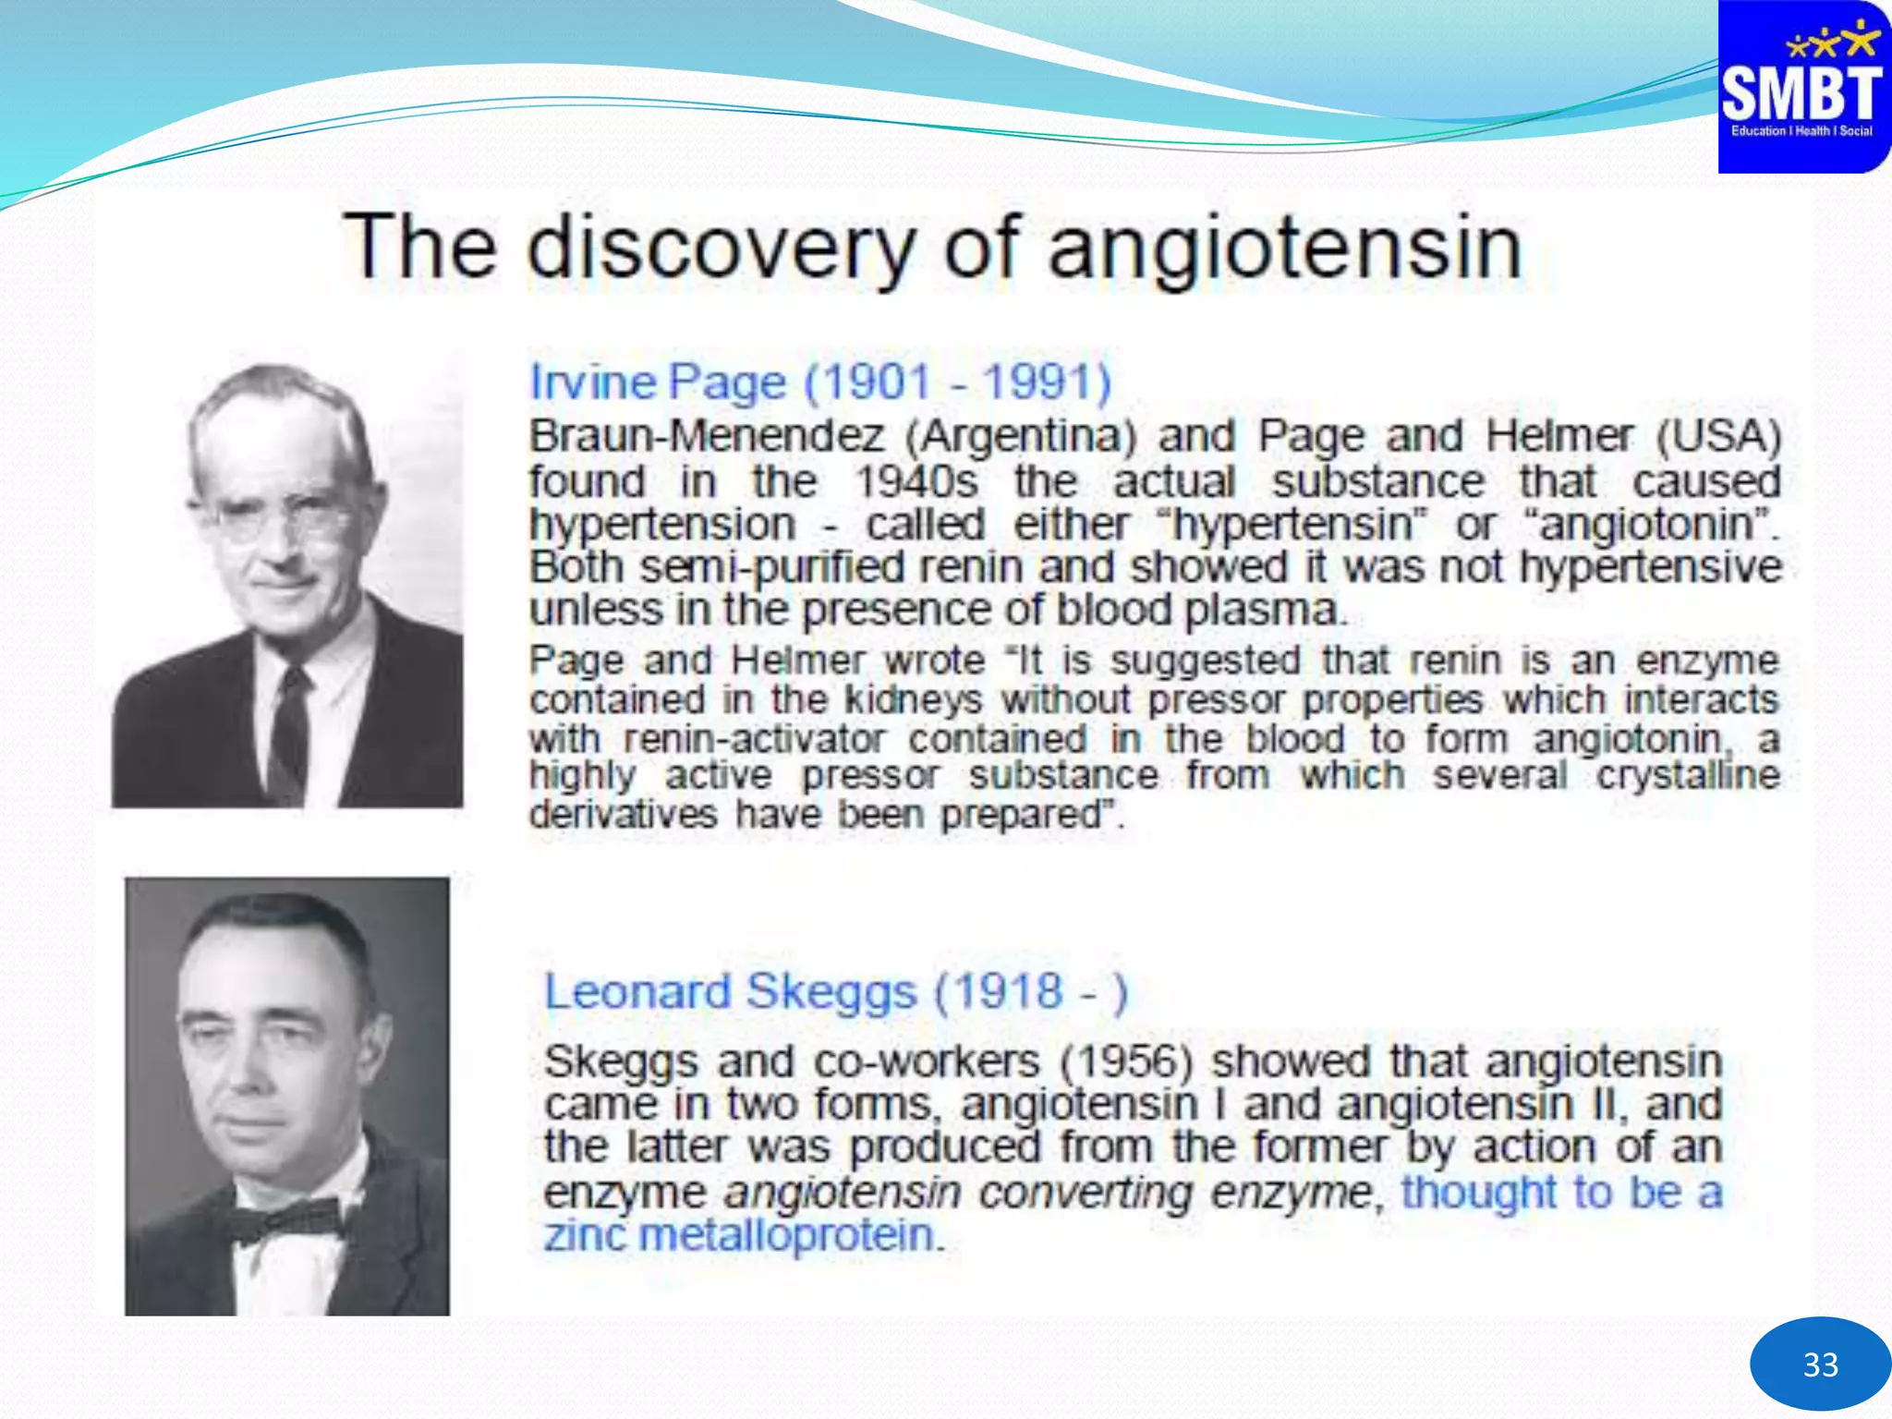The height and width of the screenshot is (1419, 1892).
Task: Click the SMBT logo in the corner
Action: [1802, 88]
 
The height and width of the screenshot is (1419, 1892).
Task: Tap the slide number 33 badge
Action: [1819, 1364]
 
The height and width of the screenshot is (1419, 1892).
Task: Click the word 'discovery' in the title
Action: [721, 248]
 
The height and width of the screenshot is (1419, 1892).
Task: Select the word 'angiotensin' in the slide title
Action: [1285, 248]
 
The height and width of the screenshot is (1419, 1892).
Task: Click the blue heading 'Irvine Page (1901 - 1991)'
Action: [820, 382]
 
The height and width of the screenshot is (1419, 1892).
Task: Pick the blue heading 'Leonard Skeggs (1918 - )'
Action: [836, 992]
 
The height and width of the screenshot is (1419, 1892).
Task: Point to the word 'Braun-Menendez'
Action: [707, 436]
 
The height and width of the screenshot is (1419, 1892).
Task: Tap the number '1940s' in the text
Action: [916, 481]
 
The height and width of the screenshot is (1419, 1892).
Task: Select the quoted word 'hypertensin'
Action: [1292, 525]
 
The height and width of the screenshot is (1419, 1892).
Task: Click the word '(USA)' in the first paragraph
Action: [1717, 436]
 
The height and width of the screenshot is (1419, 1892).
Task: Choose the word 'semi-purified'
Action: [771, 567]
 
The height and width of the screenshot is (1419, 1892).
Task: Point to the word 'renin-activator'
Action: [753, 739]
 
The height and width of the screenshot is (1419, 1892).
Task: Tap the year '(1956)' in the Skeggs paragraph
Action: [1126, 1061]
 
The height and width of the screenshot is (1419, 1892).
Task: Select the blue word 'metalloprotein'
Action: [786, 1235]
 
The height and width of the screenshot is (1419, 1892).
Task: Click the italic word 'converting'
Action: [1085, 1193]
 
